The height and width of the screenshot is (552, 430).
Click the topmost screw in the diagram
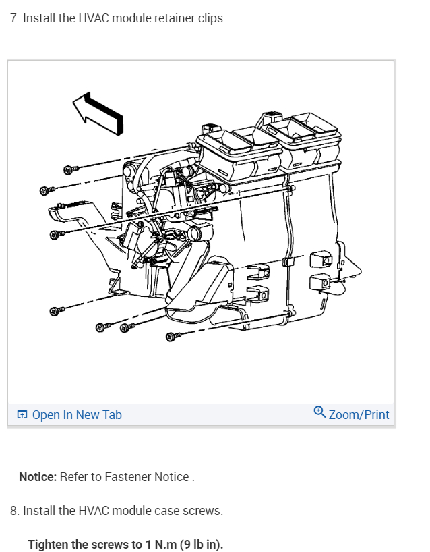click(x=69, y=167)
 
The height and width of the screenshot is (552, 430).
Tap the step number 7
click(x=14, y=18)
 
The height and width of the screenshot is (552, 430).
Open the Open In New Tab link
click(x=77, y=414)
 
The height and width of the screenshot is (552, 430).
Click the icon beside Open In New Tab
click(x=22, y=414)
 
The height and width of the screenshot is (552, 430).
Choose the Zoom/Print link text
click(x=359, y=414)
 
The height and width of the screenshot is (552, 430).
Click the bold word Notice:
click(x=38, y=477)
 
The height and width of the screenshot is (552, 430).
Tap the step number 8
click(x=14, y=511)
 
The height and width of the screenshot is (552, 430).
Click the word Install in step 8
click(x=40, y=511)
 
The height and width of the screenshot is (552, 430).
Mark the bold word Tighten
click(x=49, y=545)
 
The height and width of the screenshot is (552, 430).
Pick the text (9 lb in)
click(x=202, y=545)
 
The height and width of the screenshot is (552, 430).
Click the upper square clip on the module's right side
click(x=319, y=259)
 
